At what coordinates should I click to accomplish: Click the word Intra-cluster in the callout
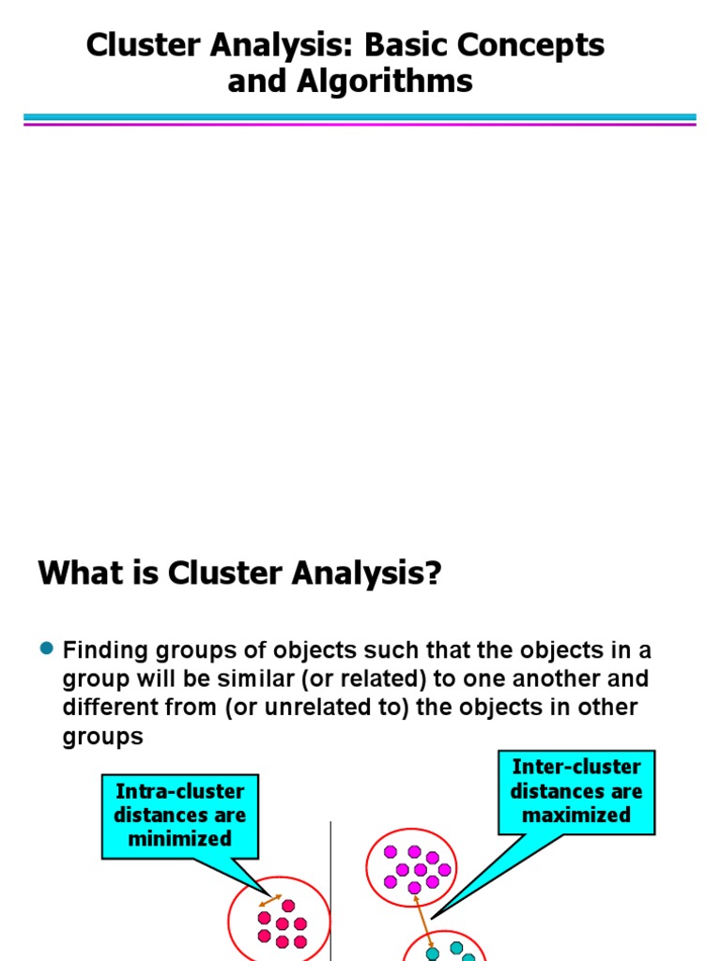[x=179, y=791]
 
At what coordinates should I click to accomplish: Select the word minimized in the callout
[x=179, y=838]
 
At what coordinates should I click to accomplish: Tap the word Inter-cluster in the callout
[x=576, y=767]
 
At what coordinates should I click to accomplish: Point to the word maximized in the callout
[x=576, y=815]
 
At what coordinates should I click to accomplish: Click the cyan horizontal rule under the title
[x=360, y=117]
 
